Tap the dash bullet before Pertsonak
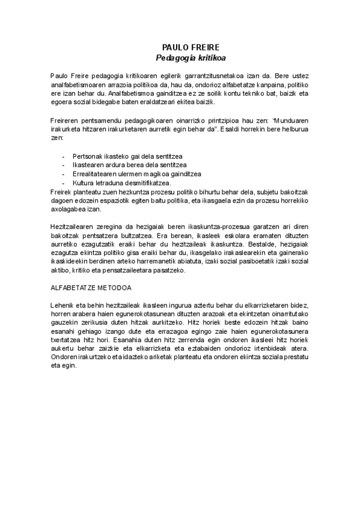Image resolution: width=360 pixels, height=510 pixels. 64,156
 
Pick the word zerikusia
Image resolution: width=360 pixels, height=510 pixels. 94,324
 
